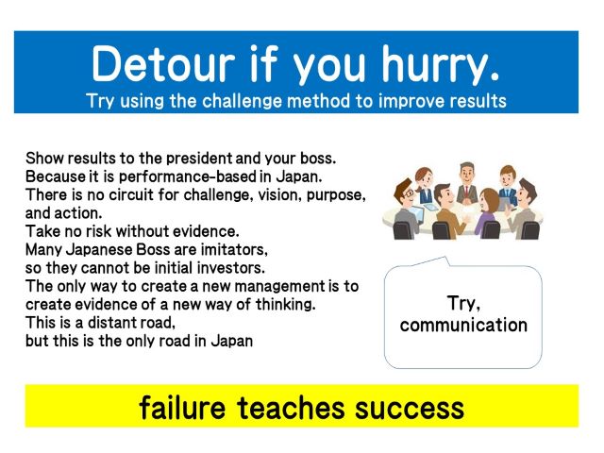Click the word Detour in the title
click(163, 63)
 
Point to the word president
click(199, 159)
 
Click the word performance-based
click(187, 176)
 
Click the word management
click(280, 287)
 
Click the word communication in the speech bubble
click(463, 325)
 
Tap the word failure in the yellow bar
click(182, 408)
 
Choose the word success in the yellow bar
click(409, 409)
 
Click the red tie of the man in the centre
click(467, 193)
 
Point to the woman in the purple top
click(489, 211)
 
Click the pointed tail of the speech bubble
click(446, 258)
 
